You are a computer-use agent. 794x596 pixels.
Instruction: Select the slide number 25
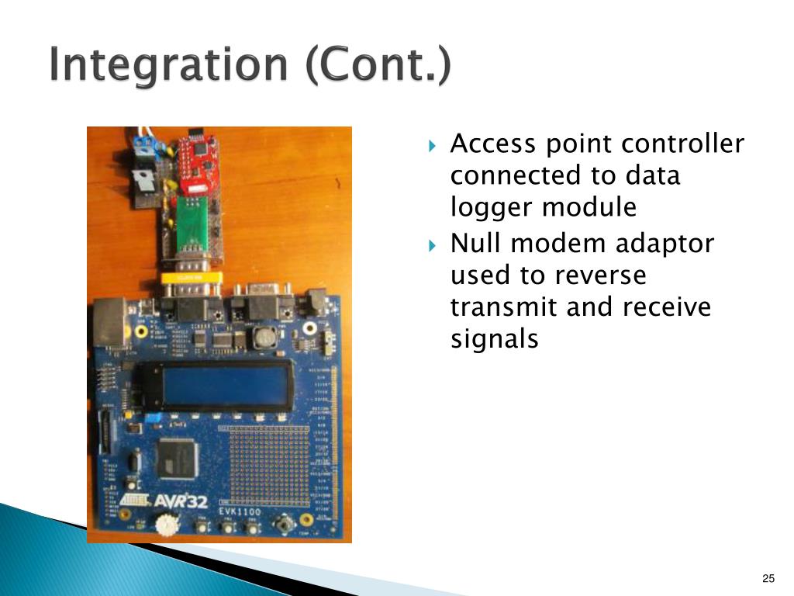(768, 578)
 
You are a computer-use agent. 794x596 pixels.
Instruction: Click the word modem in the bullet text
(551, 244)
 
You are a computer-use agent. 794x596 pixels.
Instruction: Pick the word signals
(494, 339)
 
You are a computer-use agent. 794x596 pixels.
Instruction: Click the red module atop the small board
(198, 164)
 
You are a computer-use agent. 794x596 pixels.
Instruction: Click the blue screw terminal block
(143, 144)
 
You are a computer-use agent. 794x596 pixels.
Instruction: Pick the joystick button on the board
(285, 525)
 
